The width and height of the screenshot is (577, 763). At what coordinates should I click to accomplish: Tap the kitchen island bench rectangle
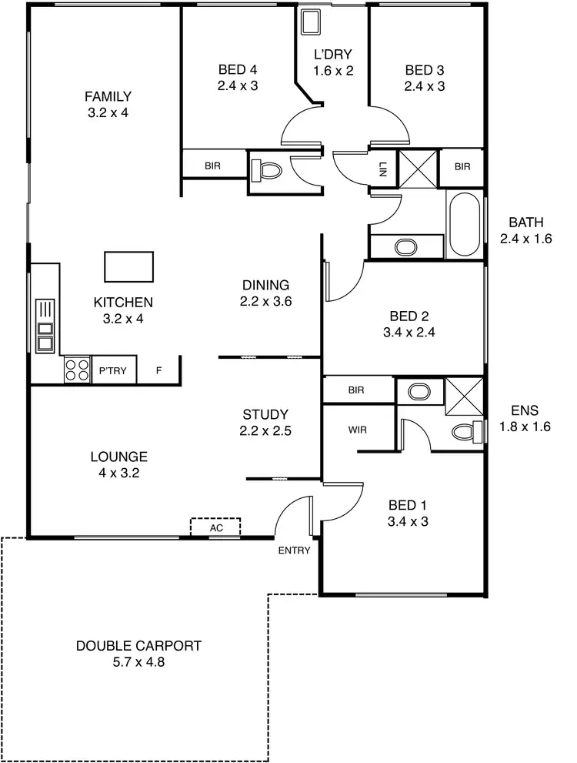tap(128, 266)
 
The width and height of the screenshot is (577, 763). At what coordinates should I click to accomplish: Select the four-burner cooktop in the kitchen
tap(77, 370)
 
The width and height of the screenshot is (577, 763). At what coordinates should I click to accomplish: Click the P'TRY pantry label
tap(114, 371)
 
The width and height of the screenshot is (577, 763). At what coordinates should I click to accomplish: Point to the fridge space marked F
tap(159, 371)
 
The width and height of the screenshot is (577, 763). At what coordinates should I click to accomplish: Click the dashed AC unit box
tap(215, 527)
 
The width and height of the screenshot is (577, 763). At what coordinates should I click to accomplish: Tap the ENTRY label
tap(294, 550)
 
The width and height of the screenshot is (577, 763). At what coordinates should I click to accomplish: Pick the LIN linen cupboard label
tap(382, 169)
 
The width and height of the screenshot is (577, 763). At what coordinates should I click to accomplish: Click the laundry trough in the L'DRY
tap(312, 22)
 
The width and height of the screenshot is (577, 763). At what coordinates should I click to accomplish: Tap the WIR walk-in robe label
tap(357, 430)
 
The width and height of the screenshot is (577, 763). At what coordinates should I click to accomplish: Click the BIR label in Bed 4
tap(212, 166)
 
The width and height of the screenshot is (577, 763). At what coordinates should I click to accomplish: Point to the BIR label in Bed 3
tap(462, 166)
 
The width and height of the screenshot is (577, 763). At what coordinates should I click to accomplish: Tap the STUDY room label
tap(265, 414)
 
